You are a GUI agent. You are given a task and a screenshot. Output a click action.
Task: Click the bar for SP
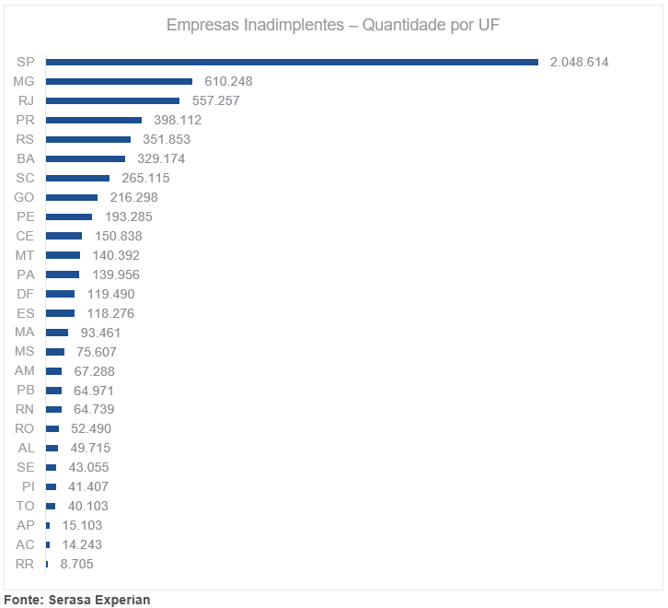click(x=292, y=62)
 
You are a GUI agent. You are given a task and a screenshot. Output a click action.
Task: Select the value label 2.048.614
click(x=579, y=62)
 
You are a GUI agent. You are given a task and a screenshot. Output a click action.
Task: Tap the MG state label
click(x=24, y=81)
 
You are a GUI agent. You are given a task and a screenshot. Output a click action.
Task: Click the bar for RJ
click(x=112, y=100)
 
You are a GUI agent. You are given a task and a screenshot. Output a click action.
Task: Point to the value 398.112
click(x=178, y=120)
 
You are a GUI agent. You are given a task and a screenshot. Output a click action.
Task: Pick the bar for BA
click(x=85, y=158)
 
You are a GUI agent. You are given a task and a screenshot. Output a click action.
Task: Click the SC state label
click(x=25, y=178)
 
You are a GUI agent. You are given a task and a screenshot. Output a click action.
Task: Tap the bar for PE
click(x=69, y=216)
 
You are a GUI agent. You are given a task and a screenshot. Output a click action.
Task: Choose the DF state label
click(x=25, y=294)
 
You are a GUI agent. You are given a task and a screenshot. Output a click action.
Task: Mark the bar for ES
click(x=60, y=313)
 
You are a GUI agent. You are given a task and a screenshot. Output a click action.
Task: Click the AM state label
click(x=25, y=371)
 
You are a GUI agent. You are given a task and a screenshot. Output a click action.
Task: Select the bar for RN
click(x=53, y=409)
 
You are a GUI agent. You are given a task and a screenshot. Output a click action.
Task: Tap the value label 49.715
click(x=90, y=448)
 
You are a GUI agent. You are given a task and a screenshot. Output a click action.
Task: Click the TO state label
click(x=25, y=506)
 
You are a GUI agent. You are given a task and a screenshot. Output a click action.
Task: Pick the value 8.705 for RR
click(x=76, y=564)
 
